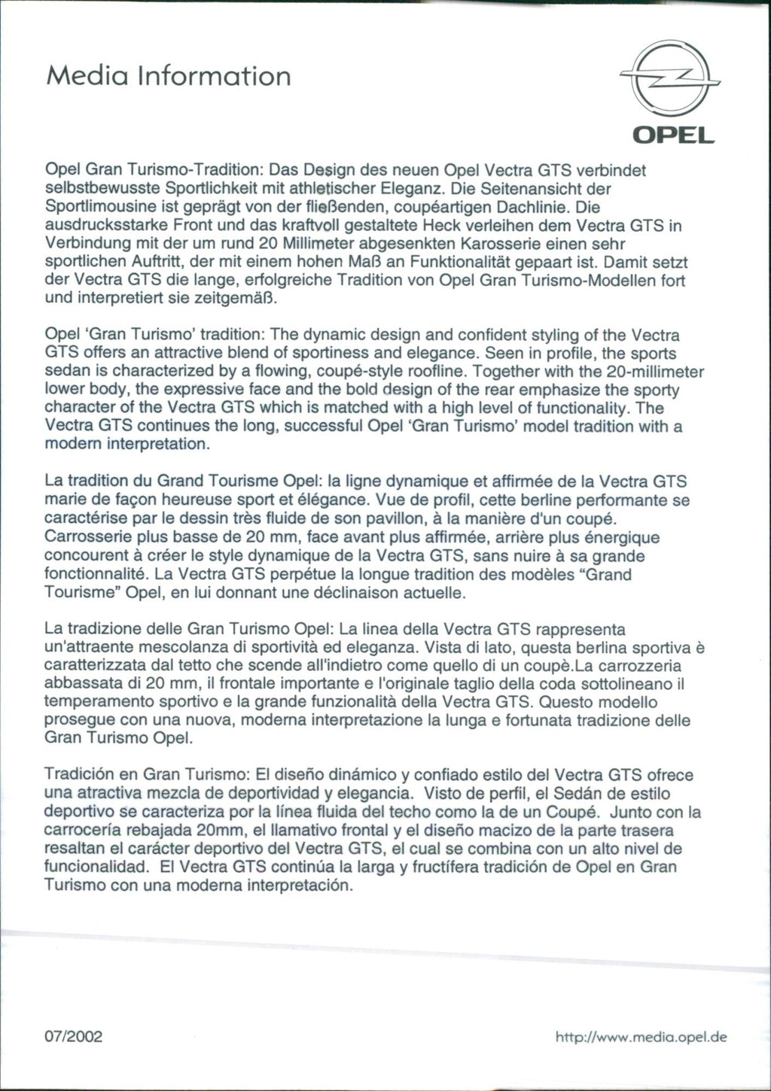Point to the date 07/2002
tap(74, 1037)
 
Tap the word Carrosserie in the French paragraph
tap(89, 537)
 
